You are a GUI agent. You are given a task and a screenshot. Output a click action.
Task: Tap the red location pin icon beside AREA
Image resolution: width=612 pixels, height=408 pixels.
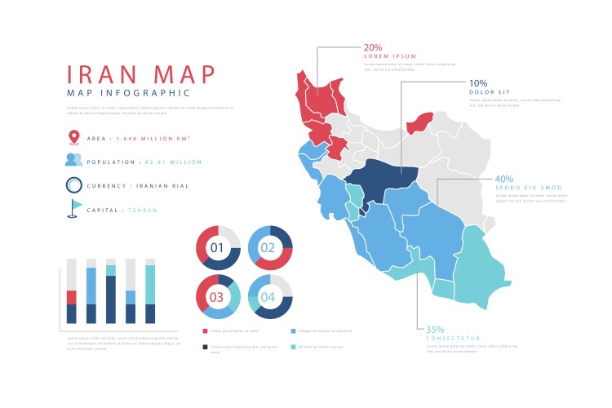point(73,138)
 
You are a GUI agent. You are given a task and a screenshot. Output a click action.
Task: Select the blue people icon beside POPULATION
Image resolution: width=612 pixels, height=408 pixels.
point(73,161)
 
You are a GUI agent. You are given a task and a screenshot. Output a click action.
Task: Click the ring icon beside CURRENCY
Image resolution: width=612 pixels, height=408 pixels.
point(73,185)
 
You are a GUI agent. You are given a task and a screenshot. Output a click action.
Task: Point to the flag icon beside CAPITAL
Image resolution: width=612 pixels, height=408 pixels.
point(75,209)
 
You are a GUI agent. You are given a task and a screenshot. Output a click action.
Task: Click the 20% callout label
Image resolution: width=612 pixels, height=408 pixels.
point(373,47)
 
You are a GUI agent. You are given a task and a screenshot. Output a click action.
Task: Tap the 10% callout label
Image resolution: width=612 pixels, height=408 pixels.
point(478,82)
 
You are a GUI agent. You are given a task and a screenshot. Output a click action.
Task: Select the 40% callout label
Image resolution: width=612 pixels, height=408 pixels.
point(503,179)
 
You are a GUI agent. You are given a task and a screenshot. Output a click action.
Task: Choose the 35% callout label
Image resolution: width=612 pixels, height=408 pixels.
point(435,329)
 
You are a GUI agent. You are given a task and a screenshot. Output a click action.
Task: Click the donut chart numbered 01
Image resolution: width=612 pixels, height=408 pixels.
point(217,248)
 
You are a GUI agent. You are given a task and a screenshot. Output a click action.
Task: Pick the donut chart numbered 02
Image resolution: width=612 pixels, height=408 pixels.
point(270,248)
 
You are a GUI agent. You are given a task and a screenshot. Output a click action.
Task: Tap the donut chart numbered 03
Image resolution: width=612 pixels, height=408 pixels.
point(217,296)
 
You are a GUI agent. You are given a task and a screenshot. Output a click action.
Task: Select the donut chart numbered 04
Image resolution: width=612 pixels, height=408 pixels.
point(270,296)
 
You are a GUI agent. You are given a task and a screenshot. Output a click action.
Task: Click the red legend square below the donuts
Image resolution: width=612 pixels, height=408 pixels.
point(205,330)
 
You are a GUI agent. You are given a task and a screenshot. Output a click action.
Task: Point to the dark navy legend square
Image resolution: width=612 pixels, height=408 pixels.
point(205,347)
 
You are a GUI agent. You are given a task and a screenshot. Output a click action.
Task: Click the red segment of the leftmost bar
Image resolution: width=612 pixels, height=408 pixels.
point(71,297)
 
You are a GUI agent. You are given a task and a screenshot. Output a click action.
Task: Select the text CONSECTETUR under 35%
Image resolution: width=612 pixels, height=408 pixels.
point(453,338)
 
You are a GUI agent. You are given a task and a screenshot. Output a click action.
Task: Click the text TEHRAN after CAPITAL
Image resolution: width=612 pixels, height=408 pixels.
point(142,210)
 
